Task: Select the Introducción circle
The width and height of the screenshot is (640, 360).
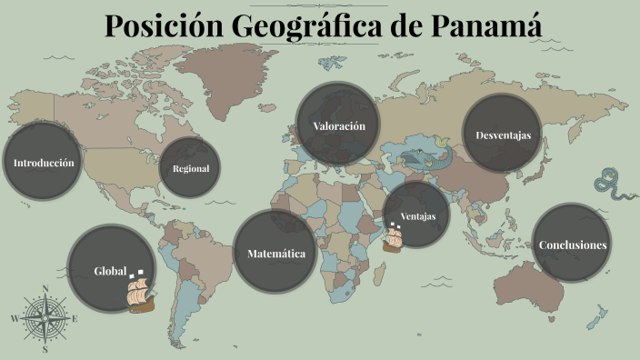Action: click(x=43, y=163)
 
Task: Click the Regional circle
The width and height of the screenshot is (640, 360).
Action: click(x=191, y=168)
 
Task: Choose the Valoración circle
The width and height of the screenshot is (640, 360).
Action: click(x=338, y=125)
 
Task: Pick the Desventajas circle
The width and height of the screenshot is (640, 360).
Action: click(x=503, y=135)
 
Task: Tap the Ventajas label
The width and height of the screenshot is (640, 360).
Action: click(x=418, y=216)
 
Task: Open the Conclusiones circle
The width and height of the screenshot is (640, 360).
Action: click(x=572, y=245)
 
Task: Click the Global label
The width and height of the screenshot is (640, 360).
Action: click(x=109, y=271)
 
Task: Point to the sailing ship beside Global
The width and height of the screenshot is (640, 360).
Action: click(x=139, y=292)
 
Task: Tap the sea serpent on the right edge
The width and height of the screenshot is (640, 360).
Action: click(x=615, y=185)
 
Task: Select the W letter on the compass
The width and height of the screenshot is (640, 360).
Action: click(x=14, y=318)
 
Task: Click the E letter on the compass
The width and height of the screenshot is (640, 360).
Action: click(x=75, y=318)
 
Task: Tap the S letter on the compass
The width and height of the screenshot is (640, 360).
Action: click(x=45, y=348)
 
